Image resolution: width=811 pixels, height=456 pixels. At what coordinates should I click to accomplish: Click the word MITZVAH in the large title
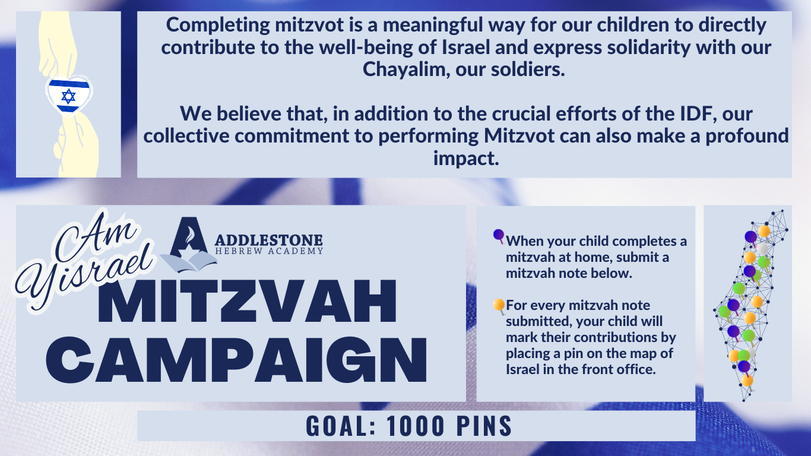(248, 302)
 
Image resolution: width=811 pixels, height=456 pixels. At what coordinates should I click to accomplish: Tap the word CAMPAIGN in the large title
(237, 359)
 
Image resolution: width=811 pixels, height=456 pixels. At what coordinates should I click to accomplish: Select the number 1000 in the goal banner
(415, 426)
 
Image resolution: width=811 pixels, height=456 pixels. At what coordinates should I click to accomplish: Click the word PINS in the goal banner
(484, 426)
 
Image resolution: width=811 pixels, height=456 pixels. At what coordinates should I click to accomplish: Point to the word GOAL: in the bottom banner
(340, 426)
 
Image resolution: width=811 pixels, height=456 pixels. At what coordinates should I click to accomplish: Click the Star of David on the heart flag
(68, 96)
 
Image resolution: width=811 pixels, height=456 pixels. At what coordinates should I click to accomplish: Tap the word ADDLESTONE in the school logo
(268, 240)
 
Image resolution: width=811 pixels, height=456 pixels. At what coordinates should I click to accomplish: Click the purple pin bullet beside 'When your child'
(499, 236)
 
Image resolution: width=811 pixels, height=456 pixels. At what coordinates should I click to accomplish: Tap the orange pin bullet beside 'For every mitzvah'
(499, 306)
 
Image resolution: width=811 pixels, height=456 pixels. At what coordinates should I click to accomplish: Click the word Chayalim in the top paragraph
(406, 69)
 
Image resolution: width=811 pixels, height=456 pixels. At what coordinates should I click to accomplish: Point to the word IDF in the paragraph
(698, 113)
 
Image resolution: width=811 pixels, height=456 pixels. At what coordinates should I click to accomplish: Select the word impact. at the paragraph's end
(466, 159)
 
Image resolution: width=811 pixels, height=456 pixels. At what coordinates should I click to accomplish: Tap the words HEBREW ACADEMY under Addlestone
(268, 251)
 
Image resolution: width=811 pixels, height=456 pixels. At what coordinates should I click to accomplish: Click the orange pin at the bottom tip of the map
(747, 381)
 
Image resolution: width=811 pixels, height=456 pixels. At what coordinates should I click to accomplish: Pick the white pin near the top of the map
(762, 249)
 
